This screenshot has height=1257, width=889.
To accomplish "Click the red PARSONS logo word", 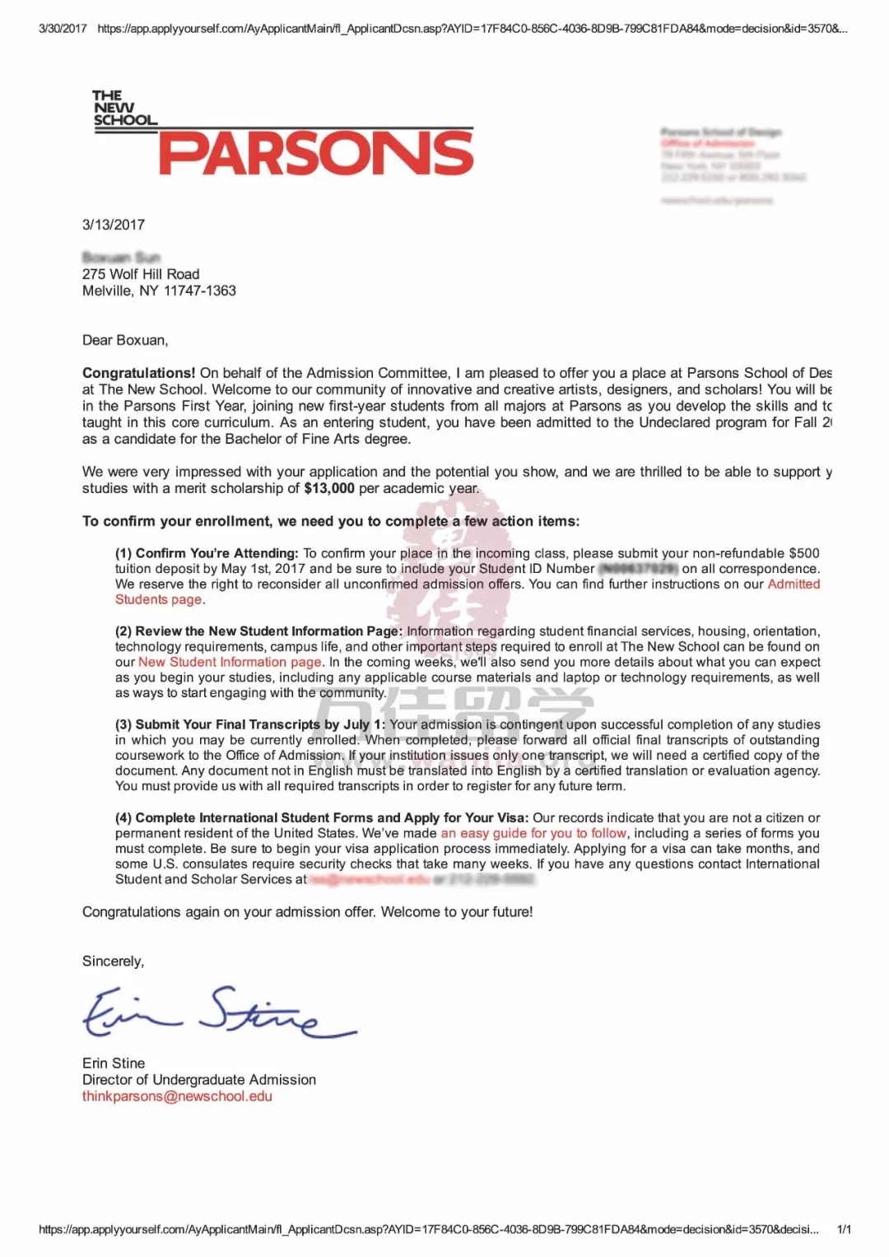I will point(316,154).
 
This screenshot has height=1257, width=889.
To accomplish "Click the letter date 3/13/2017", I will point(114,225).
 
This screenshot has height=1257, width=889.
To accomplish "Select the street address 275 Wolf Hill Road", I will point(141,274).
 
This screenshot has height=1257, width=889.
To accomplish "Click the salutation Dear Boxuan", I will point(125,340).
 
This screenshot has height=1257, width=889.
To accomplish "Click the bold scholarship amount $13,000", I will point(329,488).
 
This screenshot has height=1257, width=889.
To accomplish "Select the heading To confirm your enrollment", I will point(330,521).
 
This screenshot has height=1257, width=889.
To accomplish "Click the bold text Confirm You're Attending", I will point(216,553).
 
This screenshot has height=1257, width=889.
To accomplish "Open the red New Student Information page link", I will point(230,662).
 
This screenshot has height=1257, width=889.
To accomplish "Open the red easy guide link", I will point(533,833).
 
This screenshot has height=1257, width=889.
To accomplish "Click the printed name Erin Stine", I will point(114,1063).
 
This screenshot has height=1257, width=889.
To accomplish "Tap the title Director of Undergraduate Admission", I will point(199,1079).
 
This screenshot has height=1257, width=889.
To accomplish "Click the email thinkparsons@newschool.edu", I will point(177,1096).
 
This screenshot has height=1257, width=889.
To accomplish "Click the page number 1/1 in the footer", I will point(844,1229).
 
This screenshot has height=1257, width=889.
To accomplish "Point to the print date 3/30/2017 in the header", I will point(63,28).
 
